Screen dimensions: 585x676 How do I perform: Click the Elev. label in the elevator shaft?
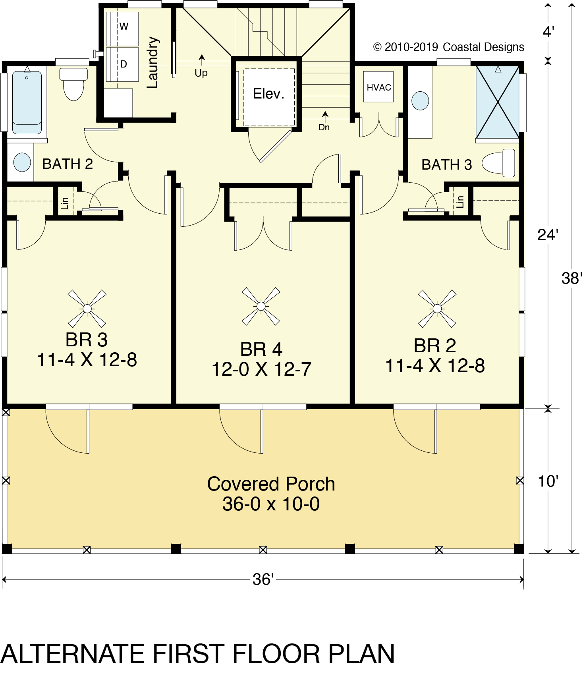(268, 94)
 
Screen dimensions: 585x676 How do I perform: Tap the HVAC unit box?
(378, 87)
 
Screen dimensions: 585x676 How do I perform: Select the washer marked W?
(122, 29)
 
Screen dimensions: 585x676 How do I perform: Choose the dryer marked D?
(122, 64)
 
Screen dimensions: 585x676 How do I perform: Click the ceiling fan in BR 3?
(87, 309)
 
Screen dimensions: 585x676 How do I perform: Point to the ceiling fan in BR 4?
(261, 306)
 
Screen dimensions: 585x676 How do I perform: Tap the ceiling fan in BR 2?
(437, 309)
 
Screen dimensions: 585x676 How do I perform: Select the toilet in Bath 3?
(498, 163)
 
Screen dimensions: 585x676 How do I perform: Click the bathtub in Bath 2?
(27, 102)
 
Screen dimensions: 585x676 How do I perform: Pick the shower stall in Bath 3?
(497, 102)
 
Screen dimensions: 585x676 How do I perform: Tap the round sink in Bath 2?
(22, 162)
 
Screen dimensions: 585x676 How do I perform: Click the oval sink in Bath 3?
(420, 101)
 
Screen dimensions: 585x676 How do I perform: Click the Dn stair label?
(324, 127)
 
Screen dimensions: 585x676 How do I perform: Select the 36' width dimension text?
(263, 579)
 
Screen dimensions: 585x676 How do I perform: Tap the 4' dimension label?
(548, 32)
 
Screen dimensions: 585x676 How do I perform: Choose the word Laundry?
(153, 62)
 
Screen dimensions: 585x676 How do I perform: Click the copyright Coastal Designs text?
(449, 47)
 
